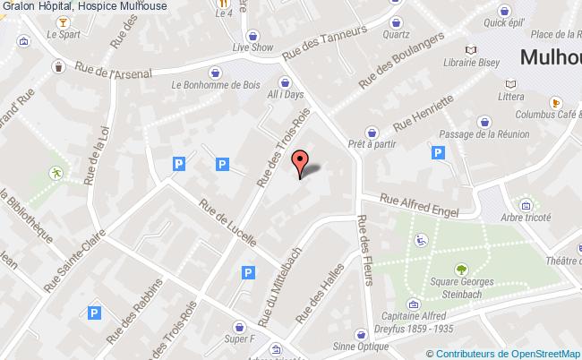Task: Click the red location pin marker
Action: [301, 162]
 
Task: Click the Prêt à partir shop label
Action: [373, 143]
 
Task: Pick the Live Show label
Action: [251, 47]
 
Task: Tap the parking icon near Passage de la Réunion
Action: [439, 154]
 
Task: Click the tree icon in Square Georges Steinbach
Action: [461, 268]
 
